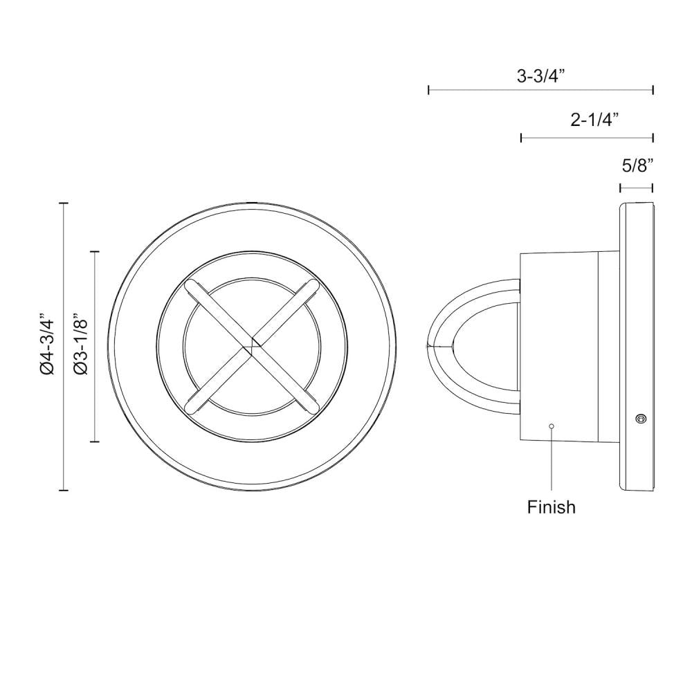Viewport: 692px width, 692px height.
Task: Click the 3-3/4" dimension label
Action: pos(540,76)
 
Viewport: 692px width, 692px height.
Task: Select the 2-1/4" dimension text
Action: pos(594,120)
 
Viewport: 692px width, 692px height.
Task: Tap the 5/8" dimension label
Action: pos(637,166)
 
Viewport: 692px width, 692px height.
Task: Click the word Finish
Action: pos(552,507)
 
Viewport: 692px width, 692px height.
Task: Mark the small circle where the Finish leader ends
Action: pos(552,426)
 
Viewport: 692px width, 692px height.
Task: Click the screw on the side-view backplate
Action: pos(639,417)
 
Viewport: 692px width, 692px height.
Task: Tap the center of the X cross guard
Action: pos(252,347)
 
